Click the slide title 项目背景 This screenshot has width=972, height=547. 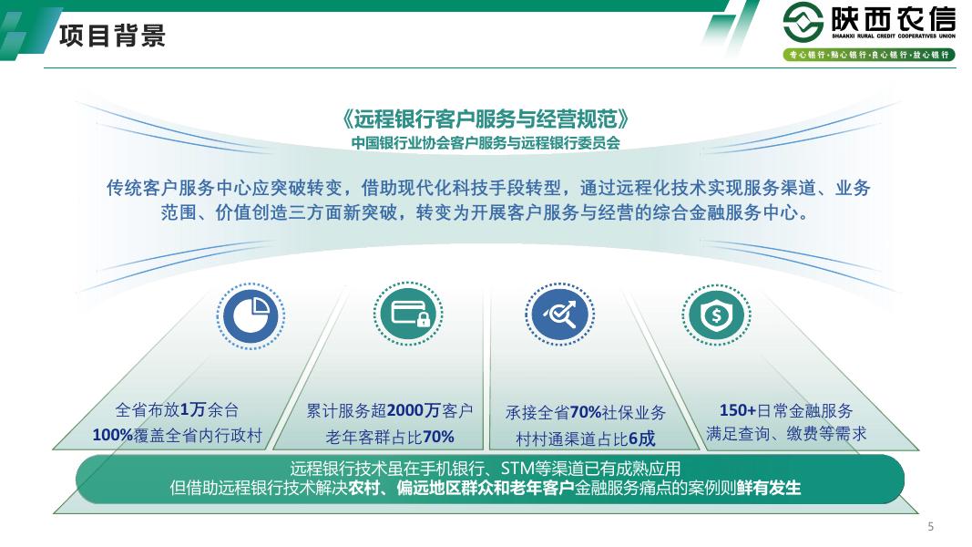(x=112, y=35)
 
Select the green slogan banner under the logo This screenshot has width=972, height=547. (x=869, y=55)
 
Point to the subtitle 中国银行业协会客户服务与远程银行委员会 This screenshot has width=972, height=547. (x=486, y=142)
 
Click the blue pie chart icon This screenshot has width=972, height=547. (x=251, y=315)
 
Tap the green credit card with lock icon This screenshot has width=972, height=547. (x=408, y=314)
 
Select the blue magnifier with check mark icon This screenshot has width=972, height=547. (x=559, y=314)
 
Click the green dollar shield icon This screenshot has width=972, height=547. (x=717, y=315)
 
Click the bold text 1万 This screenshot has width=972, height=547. (x=193, y=409)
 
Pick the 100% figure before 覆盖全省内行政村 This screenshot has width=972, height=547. (x=113, y=435)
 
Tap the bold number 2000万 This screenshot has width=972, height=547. (x=414, y=410)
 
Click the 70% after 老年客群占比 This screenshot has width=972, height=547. (x=439, y=437)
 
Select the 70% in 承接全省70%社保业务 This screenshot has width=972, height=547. (x=585, y=412)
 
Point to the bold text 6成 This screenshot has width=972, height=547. (x=641, y=439)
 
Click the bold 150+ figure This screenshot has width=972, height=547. (x=738, y=410)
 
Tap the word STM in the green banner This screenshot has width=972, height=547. (x=517, y=469)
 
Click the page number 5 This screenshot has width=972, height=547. (x=930, y=527)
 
